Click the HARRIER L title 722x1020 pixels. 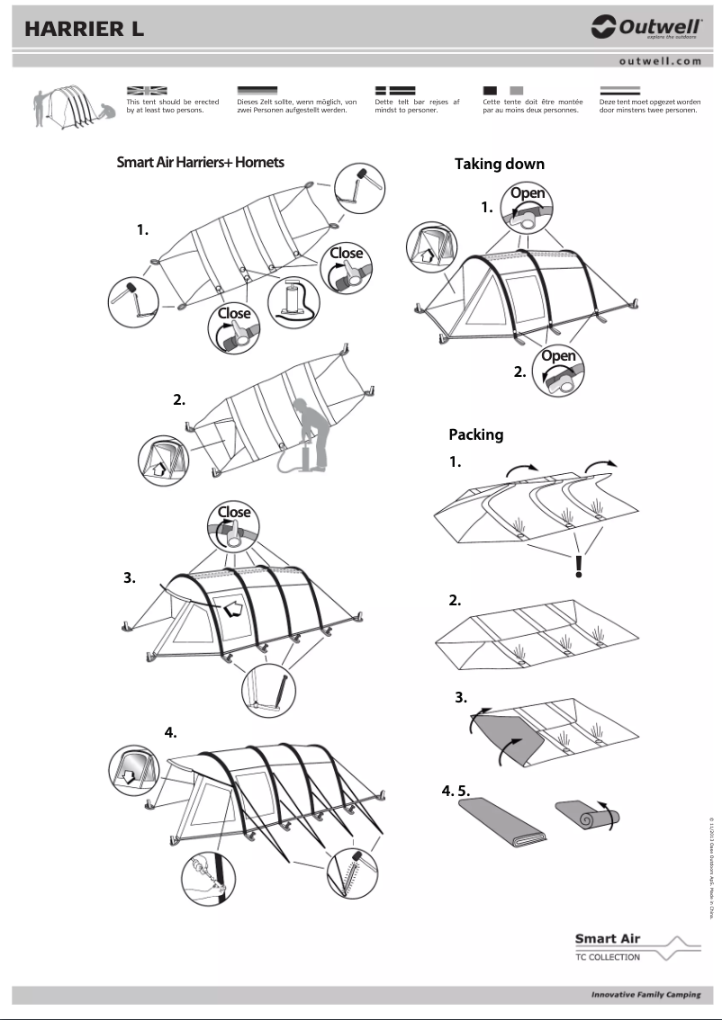click(x=85, y=29)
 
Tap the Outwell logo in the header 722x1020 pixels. click(x=645, y=28)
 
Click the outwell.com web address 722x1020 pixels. click(x=660, y=61)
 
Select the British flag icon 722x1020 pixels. click(x=147, y=90)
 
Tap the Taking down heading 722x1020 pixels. click(x=499, y=164)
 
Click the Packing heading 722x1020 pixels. click(x=475, y=434)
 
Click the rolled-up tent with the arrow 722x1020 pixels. click(x=587, y=815)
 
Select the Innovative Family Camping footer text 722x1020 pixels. click(x=645, y=995)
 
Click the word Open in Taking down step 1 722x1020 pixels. click(x=528, y=193)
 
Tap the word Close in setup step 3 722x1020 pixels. click(x=233, y=512)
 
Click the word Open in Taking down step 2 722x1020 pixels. click(x=558, y=356)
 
